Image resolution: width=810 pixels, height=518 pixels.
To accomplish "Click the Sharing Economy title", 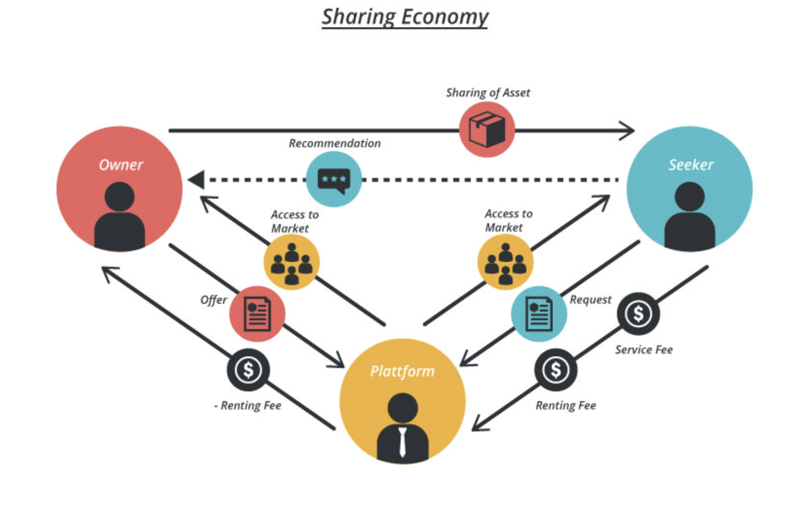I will (x=405, y=17).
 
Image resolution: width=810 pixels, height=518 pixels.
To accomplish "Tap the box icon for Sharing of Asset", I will (x=486, y=129).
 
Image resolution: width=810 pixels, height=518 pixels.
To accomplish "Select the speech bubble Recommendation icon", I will (x=334, y=179).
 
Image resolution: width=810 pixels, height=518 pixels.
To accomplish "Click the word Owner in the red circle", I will (x=121, y=165).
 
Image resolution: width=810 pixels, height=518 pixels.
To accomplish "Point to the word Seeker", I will (x=691, y=165).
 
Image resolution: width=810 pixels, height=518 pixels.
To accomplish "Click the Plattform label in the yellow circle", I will (x=402, y=371).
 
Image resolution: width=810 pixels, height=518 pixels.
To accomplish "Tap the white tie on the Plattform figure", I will (x=402, y=442).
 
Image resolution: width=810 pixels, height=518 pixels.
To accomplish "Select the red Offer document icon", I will (x=257, y=314).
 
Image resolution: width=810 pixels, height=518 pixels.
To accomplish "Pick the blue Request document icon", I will (x=539, y=314).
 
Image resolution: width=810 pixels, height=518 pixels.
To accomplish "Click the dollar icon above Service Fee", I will (x=638, y=314).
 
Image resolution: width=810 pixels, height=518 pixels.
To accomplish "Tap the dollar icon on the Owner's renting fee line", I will (x=248, y=370).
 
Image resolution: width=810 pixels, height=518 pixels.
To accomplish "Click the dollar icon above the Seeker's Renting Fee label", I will (x=556, y=370).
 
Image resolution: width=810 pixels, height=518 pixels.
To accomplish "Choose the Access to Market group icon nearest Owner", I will (x=291, y=262).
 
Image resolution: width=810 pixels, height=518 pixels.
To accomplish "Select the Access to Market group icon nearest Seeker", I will (x=505, y=262).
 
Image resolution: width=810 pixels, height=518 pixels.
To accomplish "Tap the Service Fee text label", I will (x=643, y=350).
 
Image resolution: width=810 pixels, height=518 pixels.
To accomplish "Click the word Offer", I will (x=213, y=300).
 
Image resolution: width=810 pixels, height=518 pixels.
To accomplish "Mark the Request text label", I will (x=590, y=300).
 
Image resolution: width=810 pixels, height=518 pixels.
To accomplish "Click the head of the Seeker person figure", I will (x=689, y=197).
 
